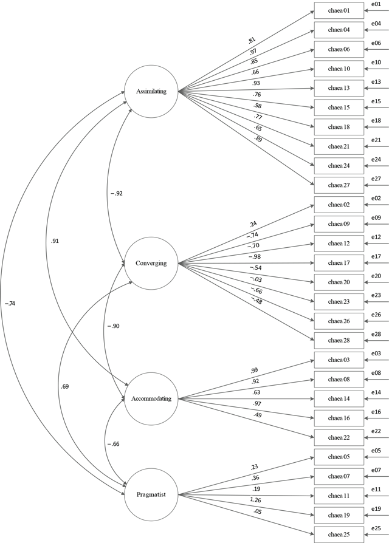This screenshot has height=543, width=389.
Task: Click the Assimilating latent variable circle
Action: (x=151, y=91)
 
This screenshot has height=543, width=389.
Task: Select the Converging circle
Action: (x=151, y=263)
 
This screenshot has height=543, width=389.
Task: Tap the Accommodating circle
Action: (x=151, y=398)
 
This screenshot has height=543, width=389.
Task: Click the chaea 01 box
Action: (x=338, y=10)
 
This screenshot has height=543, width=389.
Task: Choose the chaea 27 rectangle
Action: (x=338, y=185)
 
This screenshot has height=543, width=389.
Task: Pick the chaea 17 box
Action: (x=338, y=263)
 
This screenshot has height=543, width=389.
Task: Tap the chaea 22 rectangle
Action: (x=338, y=437)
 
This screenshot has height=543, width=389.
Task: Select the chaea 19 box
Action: (x=338, y=515)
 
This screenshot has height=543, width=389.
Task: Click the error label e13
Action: (x=376, y=82)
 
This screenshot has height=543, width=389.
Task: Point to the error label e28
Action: (x=376, y=333)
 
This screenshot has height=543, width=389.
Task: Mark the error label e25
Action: (x=376, y=528)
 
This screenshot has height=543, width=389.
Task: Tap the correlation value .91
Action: (x=55, y=241)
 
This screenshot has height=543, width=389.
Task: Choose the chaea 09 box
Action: (x=338, y=224)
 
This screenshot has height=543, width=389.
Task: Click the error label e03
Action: (x=376, y=353)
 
